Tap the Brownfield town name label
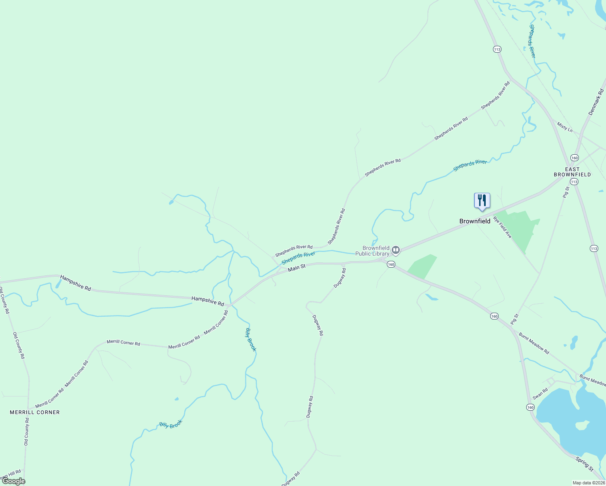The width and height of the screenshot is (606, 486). point(475,221)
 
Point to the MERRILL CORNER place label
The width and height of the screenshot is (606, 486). point(35,412)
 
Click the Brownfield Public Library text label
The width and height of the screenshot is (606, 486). point(372,251)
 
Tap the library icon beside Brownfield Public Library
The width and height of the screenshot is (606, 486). point(396,250)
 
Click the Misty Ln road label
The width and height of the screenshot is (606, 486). point(565,127)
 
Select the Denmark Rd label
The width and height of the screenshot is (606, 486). point(596,102)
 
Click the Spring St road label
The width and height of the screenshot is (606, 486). point(585,463)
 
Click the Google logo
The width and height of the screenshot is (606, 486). point(14,481)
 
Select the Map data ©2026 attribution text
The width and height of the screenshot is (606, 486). point(588,483)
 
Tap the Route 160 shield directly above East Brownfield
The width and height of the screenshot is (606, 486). point(574,158)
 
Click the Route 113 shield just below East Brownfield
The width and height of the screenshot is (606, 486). point(574,182)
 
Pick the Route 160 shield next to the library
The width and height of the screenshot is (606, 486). point(390,264)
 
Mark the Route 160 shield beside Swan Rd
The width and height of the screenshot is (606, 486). point(530,407)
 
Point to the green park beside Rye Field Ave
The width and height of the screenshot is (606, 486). point(523,229)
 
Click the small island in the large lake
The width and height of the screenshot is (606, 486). point(582,425)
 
